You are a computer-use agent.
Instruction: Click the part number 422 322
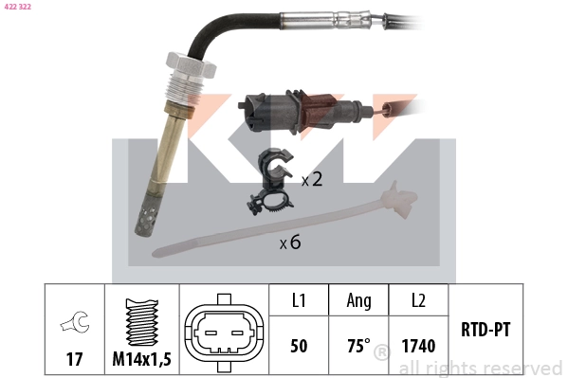[17, 7]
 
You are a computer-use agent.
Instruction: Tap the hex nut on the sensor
[191, 64]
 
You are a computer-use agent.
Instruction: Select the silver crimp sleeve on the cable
[326, 20]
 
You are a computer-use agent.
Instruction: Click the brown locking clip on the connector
[317, 112]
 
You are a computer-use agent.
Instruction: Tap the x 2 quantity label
[312, 179]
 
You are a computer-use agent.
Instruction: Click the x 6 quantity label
[290, 242]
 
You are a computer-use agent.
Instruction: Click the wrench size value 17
[74, 359]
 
